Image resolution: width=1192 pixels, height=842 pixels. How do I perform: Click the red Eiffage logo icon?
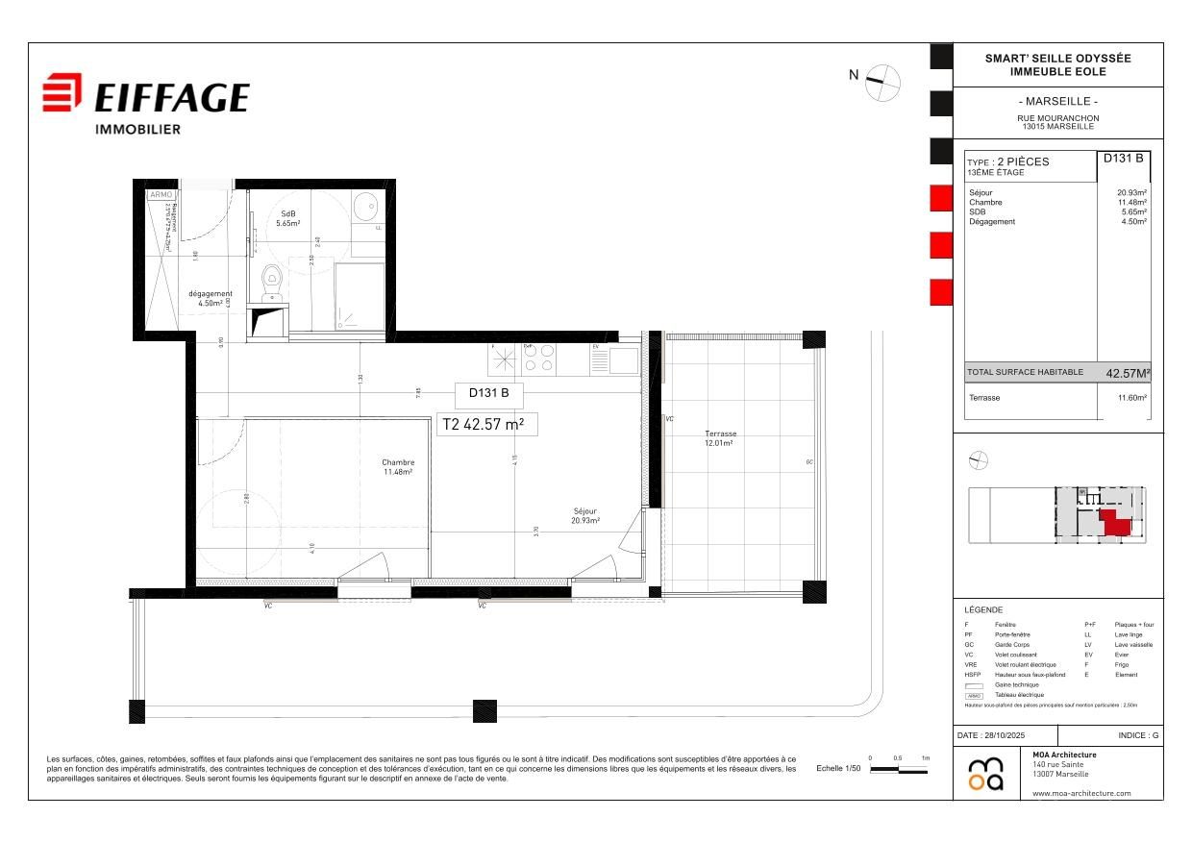coord(63,93)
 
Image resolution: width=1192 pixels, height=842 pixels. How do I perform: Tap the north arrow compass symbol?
coord(882,83)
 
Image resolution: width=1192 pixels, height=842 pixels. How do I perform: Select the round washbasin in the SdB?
coord(365,206)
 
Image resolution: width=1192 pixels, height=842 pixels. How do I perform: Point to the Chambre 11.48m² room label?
coord(397,467)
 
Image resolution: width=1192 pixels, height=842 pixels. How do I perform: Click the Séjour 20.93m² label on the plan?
coord(584,516)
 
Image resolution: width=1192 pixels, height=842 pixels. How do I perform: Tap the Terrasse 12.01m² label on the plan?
coord(719,438)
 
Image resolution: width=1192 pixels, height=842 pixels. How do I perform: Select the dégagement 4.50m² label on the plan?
coord(210,298)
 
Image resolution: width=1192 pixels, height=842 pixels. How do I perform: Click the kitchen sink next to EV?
coord(622,360)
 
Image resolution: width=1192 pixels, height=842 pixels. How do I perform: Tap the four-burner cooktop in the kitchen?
coord(537,359)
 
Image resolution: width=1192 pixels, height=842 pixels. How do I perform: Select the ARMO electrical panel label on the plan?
coord(160,194)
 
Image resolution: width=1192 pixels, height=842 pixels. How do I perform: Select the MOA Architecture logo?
coord(985,774)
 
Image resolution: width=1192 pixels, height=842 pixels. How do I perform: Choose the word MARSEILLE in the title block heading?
coord(1057,102)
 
